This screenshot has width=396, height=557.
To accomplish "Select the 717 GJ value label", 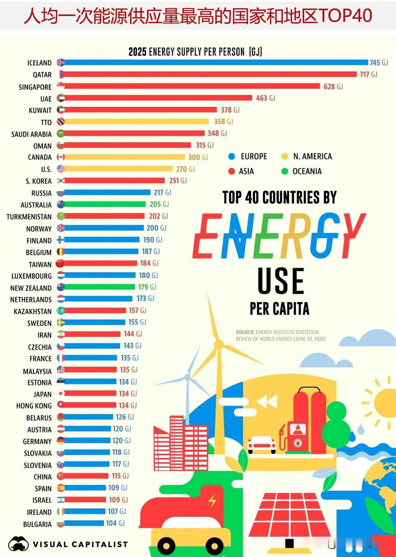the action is click(368, 75).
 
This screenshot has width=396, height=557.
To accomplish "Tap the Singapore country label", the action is click(35, 87).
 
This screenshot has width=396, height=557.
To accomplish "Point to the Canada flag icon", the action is click(61, 157).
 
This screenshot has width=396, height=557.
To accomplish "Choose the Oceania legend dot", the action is click(285, 171).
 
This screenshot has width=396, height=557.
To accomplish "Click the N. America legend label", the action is click(312, 156).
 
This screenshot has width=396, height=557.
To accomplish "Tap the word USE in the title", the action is click(281, 281).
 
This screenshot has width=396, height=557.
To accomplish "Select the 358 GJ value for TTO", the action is click(223, 122).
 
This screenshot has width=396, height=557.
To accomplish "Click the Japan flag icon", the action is click(61, 394).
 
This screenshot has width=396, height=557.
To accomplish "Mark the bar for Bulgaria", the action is click(84, 523).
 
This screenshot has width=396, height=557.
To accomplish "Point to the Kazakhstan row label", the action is click(32, 311).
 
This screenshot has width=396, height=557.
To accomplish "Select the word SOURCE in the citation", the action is click(245, 332).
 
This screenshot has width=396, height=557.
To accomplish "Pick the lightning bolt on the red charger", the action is click(213, 501).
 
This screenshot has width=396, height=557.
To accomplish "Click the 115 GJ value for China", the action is click(120, 476).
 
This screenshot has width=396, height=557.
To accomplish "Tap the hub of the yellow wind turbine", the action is click(219, 344).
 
